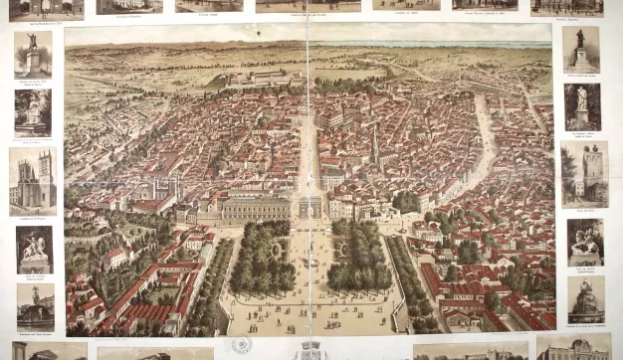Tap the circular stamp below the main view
tap(241, 345)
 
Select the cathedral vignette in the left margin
tap(33, 180)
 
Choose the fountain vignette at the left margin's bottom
tap(34, 307)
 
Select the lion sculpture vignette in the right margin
tap(584, 241)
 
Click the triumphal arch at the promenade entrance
tap(311, 206)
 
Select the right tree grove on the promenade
tap(358, 257)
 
